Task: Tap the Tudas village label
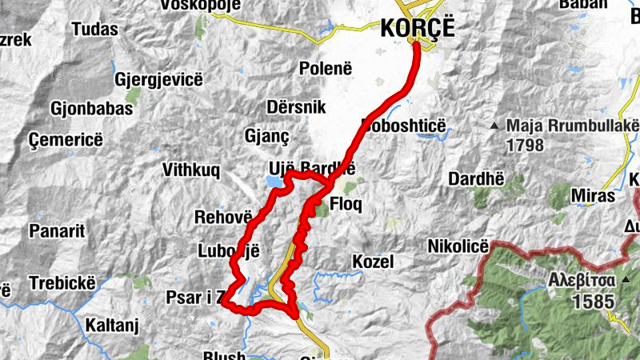(x=94, y=30)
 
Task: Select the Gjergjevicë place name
(x=159, y=80)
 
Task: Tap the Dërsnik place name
(x=298, y=107)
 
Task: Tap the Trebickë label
(x=62, y=283)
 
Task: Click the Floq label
(x=346, y=204)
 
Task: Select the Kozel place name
(x=373, y=262)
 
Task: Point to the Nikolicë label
(x=458, y=246)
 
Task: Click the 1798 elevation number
(x=525, y=146)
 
